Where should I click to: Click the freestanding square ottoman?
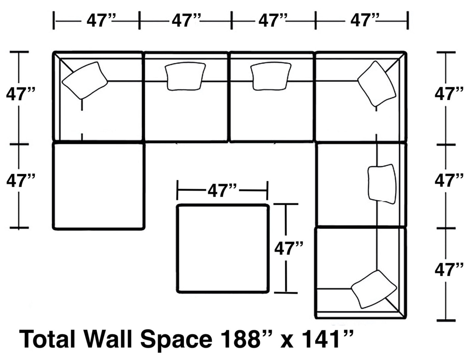click(223, 248)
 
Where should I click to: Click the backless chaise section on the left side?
click(99, 186)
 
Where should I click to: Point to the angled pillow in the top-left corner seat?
click(85, 80)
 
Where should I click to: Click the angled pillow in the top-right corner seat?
click(377, 83)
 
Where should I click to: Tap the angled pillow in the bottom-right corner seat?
click(374, 289)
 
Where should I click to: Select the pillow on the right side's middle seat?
click(381, 184)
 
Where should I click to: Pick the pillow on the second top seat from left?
click(185, 76)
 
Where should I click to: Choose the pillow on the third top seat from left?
click(271, 76)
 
